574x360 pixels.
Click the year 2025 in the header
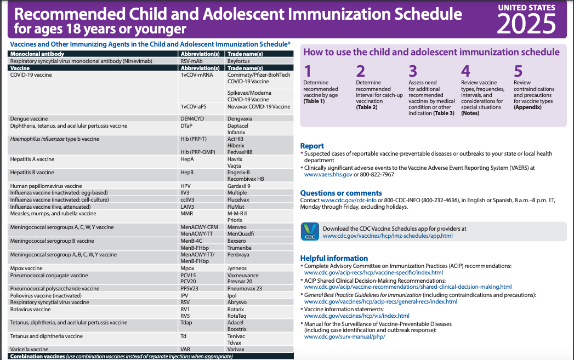526,24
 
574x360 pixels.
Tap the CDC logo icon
310,232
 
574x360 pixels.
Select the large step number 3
413,71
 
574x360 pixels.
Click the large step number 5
518,71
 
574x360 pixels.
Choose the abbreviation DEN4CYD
192,118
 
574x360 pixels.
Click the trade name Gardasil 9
238,186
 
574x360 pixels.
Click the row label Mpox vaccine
26,268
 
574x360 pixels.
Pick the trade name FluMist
237,207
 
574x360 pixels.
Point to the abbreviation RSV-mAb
191,61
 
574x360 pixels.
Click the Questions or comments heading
341,193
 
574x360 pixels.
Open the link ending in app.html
388,236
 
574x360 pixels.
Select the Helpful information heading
334,258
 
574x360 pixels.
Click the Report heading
312,146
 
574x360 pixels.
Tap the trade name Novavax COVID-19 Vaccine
259,106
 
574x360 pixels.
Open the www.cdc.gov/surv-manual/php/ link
344,336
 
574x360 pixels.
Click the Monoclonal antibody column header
37,54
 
